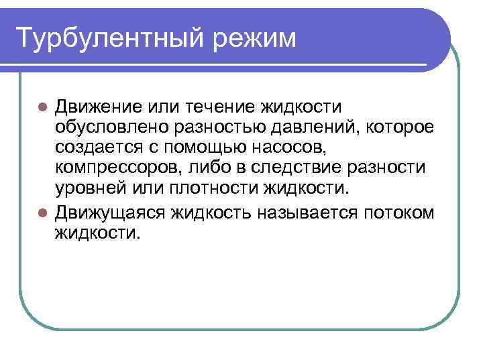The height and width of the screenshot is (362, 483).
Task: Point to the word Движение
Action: tap(98, 107)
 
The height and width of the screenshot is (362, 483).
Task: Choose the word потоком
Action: tap(400, 213)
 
